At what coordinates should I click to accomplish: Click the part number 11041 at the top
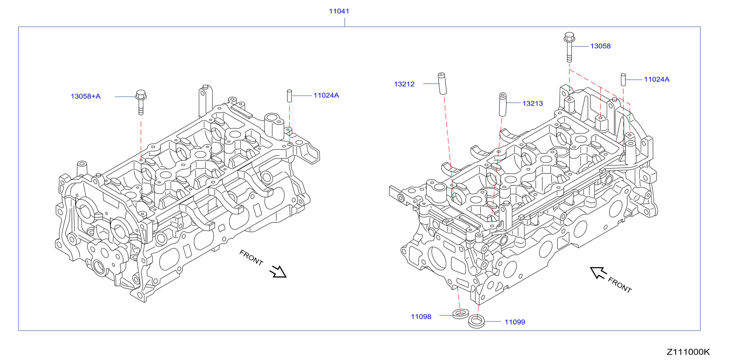pyautogui.click(x=339, y=11)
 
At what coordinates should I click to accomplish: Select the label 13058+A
pyautogui.click(x=86, y=96)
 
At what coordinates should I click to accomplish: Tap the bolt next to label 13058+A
pyautogui.click(x=141, y=102)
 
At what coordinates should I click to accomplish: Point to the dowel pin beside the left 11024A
pyautogui.click(x=289, y=96)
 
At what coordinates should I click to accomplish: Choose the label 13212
pyautogui.click(x=404, y=84)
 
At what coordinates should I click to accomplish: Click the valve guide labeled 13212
pyautogui.click(x=442, y=83)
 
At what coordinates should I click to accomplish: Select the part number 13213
pyautogui.click(x=533, y=103)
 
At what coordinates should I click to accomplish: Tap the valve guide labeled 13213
pyautogui.click(x=502, y=104)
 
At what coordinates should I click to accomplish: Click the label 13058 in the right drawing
pyautogui.click(x=601, y=46)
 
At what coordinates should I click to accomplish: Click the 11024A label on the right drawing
pyautogui.click(x=657, y=79)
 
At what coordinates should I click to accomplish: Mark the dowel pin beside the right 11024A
pyautogui.click(x=623, y=80)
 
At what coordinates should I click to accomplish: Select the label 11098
pyautogui.click(x=421, y=317)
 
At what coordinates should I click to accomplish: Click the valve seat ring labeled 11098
pyautogui.click(x=461, y=314)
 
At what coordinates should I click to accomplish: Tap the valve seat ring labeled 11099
pyautogui.click(x=476, y=321)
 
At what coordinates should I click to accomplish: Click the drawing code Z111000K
pyautogui.click(x=688, y=352)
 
